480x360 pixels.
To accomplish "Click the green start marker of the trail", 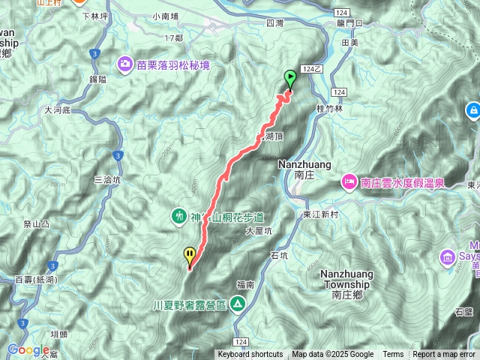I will (289, 77).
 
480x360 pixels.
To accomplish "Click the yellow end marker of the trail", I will (190, 256).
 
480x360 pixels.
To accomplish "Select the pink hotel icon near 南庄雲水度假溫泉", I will (349, 181).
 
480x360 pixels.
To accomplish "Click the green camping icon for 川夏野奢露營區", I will (238, 304).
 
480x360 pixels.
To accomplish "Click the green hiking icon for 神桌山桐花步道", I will (179, 216).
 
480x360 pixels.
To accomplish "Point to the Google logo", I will (28, 349).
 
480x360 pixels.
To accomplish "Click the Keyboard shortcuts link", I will (250, 355).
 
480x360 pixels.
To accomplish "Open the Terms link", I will (393, 355).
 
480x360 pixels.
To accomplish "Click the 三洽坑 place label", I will (108, 180).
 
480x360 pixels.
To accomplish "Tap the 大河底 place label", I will (57, 109).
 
